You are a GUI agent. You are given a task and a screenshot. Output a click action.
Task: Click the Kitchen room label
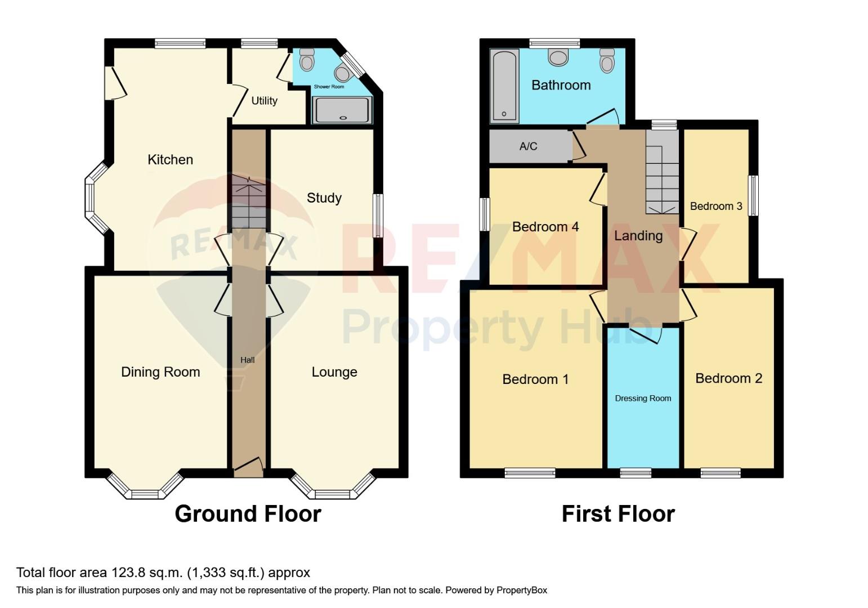pyautogui.click(x=170, y=160)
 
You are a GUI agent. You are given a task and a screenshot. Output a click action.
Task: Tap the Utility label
pyautogui.click(x=264, y=101)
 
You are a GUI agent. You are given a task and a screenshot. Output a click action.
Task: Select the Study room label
pyautogui.click(x=324, y=198)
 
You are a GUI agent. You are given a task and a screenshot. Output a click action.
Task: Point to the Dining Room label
pyautogui.click(x=160, y=372)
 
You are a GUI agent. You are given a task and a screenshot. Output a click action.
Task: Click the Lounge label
pyautogui.click(x=334, y=372)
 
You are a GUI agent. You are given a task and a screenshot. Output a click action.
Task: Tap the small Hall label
pyautogui.click(x=247, y=360)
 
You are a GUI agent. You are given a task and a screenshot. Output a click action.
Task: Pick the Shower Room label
pyautogui.click(x=329, y=87)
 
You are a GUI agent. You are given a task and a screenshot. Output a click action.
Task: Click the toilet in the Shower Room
pyautogui.click(x=307, y=59)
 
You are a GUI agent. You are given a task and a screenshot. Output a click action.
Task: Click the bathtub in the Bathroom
pyautogui.click(x=504, y=86)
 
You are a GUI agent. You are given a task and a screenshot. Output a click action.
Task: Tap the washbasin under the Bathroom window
pyautogui.click(x=558, y=57)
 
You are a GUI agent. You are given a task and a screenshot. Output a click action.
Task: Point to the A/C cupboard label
pyautogui.click(x=528, y=146)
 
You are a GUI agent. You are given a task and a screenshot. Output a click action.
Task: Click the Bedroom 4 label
pyautogui.click(x=545, y=227)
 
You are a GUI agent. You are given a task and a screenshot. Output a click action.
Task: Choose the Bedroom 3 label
pyautogui.click(x=715, y=206)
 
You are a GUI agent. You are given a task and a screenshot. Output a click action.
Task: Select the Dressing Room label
pyautogui.click(x=643, y=399)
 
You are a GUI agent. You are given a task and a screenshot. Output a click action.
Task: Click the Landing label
pyautogui.click(x=638, y=236)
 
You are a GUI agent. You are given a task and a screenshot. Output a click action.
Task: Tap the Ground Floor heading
pyautogui.click(x=248, y=514)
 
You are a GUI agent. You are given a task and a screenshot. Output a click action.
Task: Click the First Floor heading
pyautogui.click(x=618, y=514)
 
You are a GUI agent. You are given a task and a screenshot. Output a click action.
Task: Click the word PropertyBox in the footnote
pyautogui.click(x=522, y=590)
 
